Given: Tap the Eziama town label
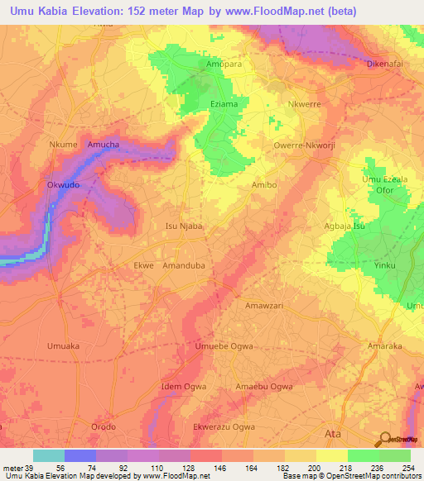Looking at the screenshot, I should click(224, 105).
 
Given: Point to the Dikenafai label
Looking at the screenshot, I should click(388, 64).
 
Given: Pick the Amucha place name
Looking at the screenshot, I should click(104, 145).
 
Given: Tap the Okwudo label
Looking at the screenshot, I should click(63, 186).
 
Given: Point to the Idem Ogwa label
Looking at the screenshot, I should click(184, 387).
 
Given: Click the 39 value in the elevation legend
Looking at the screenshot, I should click(30, 467).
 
